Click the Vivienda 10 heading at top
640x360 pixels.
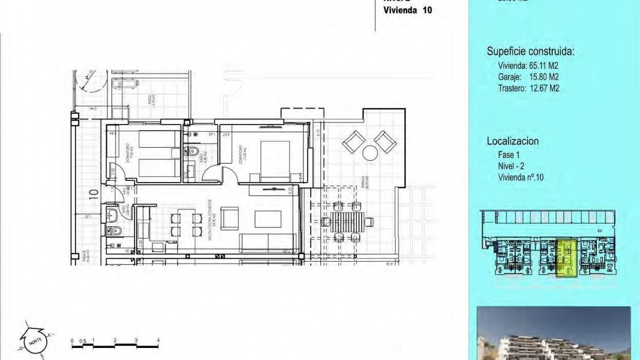(407, 10)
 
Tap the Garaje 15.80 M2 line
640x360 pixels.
(528, 77)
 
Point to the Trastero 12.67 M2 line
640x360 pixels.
(528, 88)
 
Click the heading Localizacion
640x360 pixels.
(512, 141)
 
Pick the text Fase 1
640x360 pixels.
(509, 155)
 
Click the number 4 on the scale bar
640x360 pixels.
(158, 340)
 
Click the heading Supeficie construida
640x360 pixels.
(530, 51)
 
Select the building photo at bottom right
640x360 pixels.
(553, 333)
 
